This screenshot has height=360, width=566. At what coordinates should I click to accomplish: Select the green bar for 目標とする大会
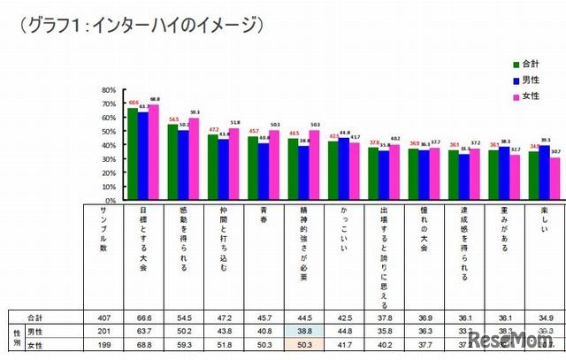[133, 154]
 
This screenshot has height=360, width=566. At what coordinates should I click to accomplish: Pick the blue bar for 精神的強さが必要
[304, 172]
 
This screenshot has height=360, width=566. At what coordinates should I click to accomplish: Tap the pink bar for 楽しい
[555, 178]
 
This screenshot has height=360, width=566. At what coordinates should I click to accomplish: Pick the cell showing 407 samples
[104, 316]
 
